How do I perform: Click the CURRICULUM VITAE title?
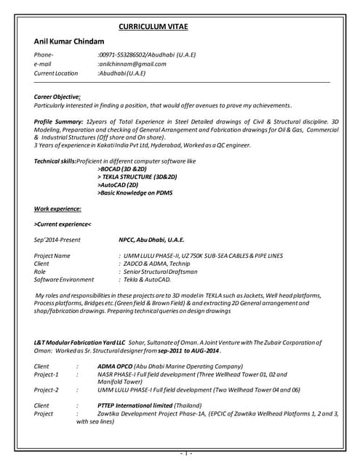(x=153, y=27)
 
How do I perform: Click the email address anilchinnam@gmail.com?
(x=133, y=64)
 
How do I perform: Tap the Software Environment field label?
(x=64, y=279)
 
